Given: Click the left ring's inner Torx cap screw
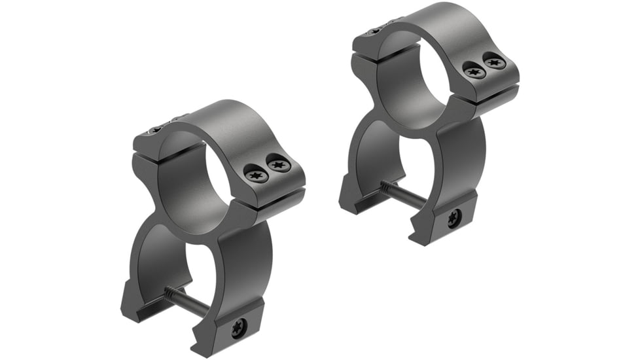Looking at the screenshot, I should pyautogui.click(x=255, y=173).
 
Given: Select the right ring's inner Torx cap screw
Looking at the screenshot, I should pyautogui.click(x=473, y=71).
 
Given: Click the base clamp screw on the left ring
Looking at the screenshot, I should pyautogui.click(x=238, y=328).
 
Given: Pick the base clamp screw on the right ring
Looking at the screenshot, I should pyautogui.click(x=453, y=219).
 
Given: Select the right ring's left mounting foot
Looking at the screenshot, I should pyautogui.click(x=357, y=196).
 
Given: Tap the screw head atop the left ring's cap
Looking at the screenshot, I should pyautogui.click(x=152, y=131).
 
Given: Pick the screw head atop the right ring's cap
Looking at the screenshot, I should pyautogui.click(x=373, y=31).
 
